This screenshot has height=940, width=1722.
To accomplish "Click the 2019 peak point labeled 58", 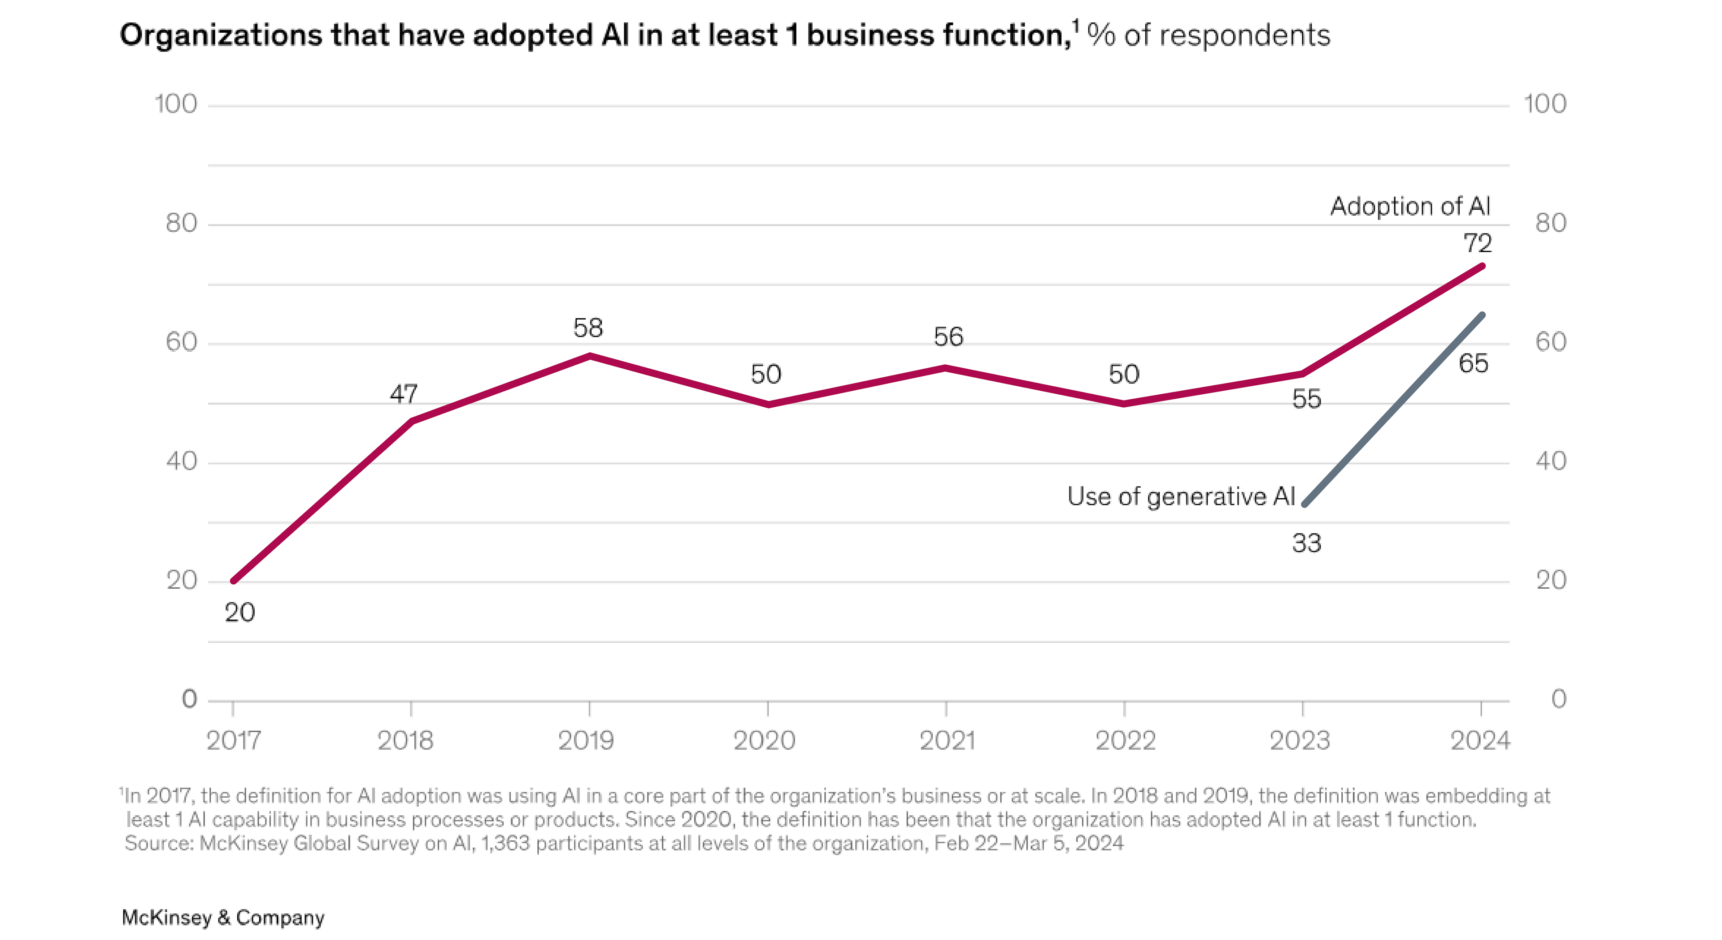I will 589,355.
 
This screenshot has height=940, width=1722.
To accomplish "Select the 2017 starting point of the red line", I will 233,581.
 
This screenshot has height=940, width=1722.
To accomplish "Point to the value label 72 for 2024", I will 1477,243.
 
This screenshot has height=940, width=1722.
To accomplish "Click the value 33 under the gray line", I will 1306,543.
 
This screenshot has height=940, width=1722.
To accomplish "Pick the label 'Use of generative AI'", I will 1181,496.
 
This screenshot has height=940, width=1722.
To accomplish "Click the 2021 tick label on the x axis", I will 947,740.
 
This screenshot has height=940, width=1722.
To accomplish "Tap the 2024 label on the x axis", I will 1479,740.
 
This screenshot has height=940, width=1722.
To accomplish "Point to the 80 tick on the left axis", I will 181,223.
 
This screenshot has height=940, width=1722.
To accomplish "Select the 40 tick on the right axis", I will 1550,461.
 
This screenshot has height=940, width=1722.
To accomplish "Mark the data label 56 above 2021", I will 948,337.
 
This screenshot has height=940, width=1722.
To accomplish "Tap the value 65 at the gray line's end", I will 1473,363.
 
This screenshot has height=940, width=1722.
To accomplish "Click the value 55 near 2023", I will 1306,399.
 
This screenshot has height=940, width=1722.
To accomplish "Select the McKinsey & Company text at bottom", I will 222,917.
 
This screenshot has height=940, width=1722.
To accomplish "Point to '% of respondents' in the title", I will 1209,35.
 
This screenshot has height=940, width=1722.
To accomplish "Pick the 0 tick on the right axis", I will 1558,699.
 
